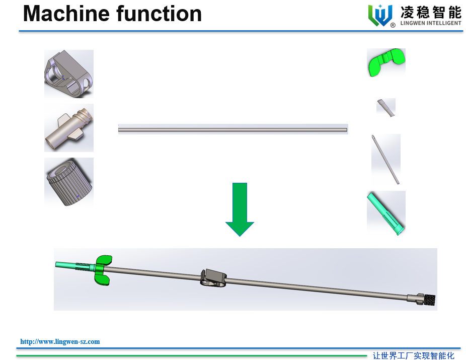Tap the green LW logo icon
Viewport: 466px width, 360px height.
click(x=380, y=15)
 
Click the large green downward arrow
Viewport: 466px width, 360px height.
click(x=240, y=209)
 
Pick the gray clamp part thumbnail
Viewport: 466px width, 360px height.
click(x=69, y=74)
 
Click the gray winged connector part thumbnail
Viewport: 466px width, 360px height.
click(x=68, y=128)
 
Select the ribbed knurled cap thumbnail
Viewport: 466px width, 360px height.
click(x=69, y=182)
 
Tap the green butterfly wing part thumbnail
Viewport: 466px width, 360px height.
click(x=386, y=62)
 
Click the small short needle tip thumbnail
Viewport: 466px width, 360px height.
click(x=386, y=107)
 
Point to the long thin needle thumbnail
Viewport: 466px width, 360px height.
click(x=386, y=159)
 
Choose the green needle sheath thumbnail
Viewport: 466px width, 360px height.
click(x=386, y=213)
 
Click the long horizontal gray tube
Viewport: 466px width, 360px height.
click(x=233, y=129)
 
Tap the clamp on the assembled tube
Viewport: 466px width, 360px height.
click(x=213, y=277)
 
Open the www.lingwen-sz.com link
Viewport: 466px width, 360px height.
click(x=60, y=341)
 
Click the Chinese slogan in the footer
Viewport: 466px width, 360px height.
click(x=413, y=355)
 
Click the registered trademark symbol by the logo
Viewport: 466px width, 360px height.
click(x=393, y=25)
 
